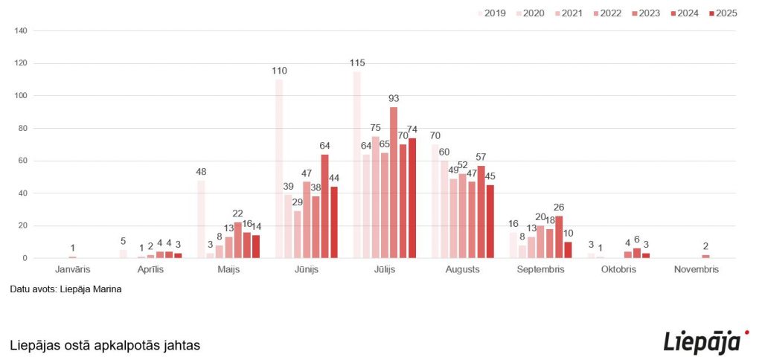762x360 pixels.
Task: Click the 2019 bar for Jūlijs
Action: point(357,165)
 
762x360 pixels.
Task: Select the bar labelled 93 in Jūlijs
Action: point(394,183)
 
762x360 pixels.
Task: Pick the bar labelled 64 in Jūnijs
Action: point(325,206)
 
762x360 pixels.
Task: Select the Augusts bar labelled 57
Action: point(481,212)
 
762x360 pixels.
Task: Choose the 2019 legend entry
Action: point(490,13)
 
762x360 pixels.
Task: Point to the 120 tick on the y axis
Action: point(21,63)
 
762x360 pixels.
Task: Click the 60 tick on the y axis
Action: point(23,161)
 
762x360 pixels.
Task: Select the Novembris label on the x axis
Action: point(697,269)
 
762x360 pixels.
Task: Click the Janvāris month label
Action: point(72,269)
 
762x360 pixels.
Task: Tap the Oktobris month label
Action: point(619,269)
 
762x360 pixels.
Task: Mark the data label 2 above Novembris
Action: point(705,246)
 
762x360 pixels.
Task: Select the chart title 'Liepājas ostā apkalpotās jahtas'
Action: point(105,346)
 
